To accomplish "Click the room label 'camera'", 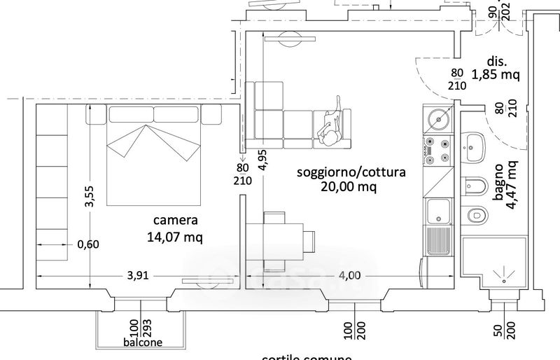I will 176,221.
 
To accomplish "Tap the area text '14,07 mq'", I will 176,237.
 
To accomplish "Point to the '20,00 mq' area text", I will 349,187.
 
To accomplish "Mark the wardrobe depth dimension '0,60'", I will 88,244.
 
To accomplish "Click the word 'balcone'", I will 144,342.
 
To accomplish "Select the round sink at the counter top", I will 437,120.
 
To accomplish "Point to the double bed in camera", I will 155,158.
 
